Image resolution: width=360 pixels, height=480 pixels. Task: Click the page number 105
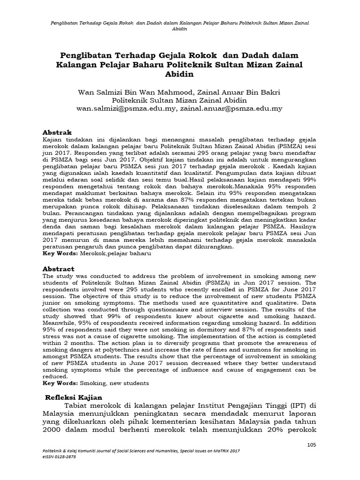pos(312,444)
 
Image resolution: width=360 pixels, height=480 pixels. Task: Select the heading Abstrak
pos(58,133)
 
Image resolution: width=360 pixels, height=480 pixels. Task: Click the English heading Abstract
pos(59,269)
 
